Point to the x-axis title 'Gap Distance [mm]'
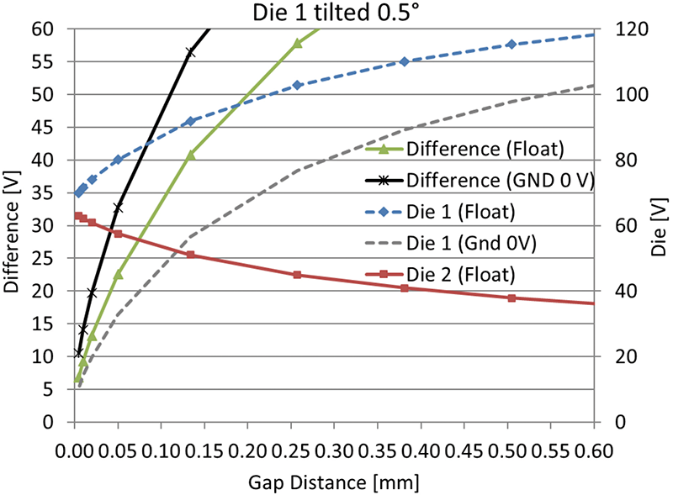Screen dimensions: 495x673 pyautogui.click(x=333, y=482)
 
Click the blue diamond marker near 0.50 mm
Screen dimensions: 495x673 pyautogui.click(x=511, y=44)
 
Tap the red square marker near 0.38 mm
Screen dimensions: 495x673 pyautogui.click(x=405, y=288)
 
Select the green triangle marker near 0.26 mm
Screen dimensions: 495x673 pyautogui.click(x=297, y=43)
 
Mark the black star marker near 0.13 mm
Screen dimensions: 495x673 pyautogui.click(x=190, y=52)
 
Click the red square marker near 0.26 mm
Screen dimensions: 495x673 pyautogui.click(x=297, y=275)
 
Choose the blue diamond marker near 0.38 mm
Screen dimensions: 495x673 pyautogui.click(x=405, y=61)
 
